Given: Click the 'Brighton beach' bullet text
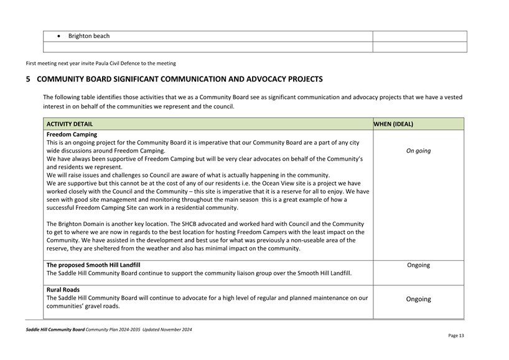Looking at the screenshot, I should click(89, 36).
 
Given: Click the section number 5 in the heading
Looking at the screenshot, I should click(28, 80).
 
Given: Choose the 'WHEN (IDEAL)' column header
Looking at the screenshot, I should click(393, 124).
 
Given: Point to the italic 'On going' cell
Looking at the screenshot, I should click(418, 151).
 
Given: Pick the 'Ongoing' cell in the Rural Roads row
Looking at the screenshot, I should click(418, 299).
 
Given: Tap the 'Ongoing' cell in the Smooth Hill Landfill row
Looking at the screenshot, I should click(418, 265).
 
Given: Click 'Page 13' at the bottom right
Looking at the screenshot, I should click(456, 336).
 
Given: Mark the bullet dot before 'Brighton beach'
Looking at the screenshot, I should click(58, 36).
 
